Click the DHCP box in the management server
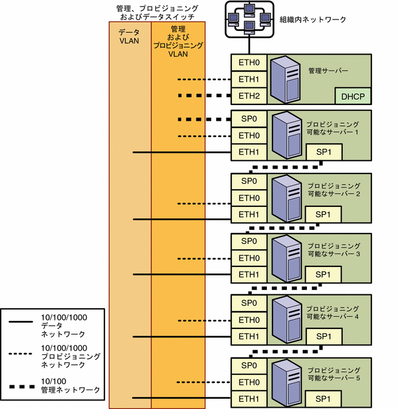(x=352, y=96)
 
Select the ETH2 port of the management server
(x=249, y=96)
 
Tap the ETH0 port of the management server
(x=249, y=62)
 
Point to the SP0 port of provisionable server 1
(x=249, y=118)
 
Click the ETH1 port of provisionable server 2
(x=249, y=214)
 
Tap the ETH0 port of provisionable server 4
(x=249, y=320)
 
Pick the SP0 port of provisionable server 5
(x=249, y=365)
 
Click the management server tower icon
(x=285, y=79)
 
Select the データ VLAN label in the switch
(x=129, y=36)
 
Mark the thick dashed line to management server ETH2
(x=204, y=96)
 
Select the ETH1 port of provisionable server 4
(x=249, y=336)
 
